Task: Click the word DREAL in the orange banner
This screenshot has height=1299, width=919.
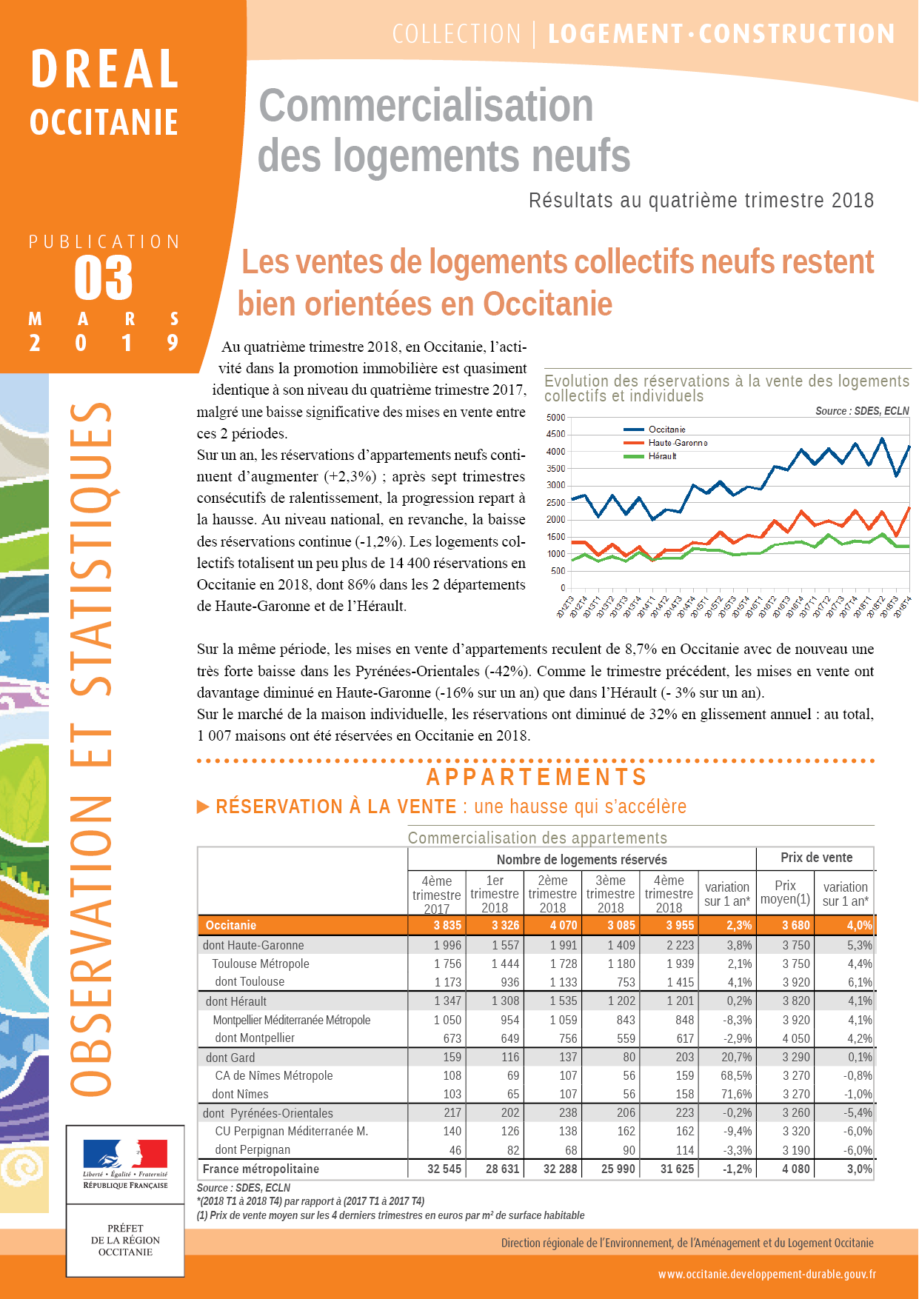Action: tap(104, 69)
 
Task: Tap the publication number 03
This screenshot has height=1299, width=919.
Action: tap(104, 278)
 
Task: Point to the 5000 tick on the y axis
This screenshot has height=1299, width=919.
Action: tap(555, 418)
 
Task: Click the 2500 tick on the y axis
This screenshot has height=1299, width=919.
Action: tap(555, 503)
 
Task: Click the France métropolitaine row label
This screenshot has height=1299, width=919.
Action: tap(261, 1169)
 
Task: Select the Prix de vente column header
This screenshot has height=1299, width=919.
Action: tap(816, 858)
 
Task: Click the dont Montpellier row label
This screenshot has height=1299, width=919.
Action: tap(255, 1038)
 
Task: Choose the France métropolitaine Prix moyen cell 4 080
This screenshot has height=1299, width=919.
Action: tap(796, 1169)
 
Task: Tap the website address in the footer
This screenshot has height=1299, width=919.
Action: tap(766, 1275)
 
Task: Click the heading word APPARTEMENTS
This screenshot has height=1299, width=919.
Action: tap(537, 777)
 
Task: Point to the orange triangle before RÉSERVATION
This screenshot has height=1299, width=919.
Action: tap(203, 807)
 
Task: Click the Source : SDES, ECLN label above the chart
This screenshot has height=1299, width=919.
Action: tap(862, 411)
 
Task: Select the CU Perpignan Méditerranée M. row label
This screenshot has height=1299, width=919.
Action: tap(291, 1132)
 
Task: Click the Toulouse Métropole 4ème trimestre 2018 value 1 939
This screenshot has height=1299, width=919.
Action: tap(680, 964)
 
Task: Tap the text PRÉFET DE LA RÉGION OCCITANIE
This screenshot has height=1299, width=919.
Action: tap(125, 1240)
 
